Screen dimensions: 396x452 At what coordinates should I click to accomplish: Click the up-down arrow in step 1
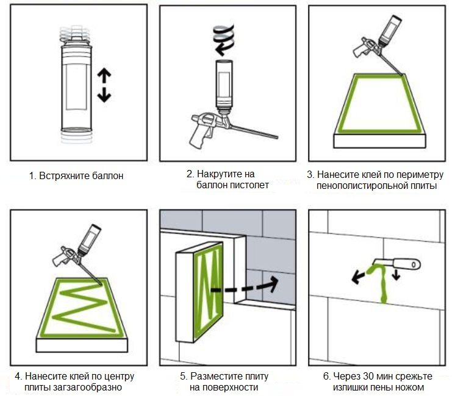104,85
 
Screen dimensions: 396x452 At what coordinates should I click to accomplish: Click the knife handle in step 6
407,264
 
